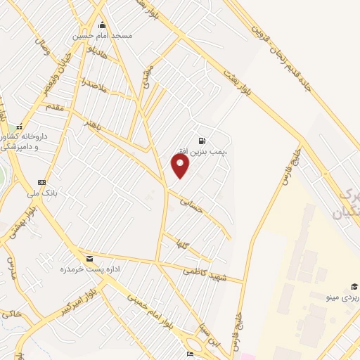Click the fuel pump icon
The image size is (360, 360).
click(202, 141)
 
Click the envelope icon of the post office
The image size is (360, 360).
click(89, 259)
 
